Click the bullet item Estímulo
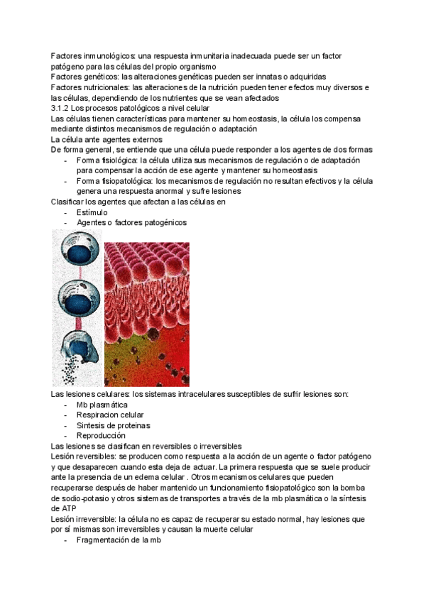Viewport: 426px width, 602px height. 92,212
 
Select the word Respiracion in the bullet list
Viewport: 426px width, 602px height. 99,415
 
